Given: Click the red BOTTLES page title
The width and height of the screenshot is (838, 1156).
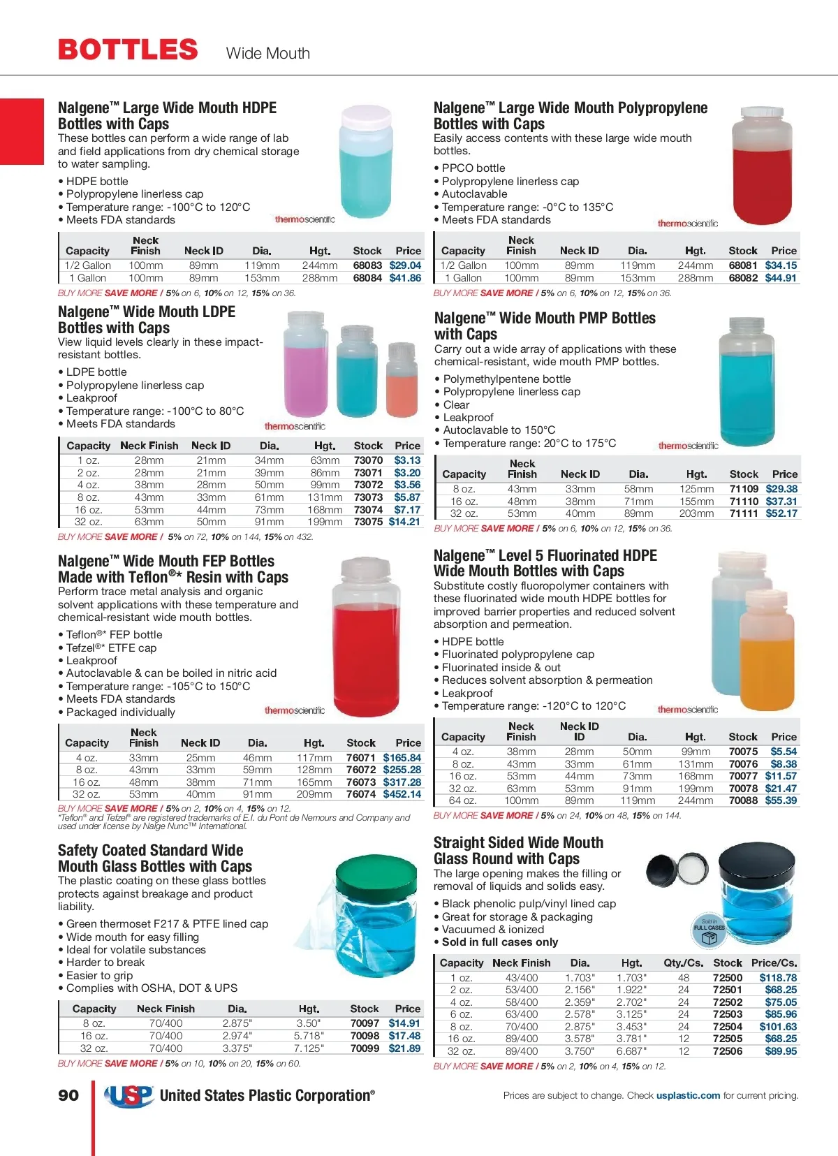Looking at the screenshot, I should click(128, 50).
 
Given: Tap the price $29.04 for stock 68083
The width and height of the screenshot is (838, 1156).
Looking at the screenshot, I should click(405, 265).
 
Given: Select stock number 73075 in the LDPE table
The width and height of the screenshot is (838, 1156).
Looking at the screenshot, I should click(368, 522).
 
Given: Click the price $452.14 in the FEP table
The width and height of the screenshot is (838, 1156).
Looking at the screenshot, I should click(402, 794).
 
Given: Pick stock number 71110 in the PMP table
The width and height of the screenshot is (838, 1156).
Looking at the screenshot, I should click(744, 502).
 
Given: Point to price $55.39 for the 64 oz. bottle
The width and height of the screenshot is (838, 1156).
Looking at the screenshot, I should click(781, 800).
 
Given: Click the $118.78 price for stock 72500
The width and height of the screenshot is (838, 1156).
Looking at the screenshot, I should click(778, 978).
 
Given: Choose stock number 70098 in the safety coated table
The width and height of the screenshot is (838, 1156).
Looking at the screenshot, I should click(365, 1036).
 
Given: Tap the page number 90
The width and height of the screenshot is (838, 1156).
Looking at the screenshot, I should click(68, 1095).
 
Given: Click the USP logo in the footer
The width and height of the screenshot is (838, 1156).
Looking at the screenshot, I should click(129, 1095).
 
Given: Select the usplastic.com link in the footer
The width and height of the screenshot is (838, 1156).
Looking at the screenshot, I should click(688, 1095).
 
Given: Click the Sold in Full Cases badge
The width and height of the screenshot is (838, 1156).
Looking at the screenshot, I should click(709, 931).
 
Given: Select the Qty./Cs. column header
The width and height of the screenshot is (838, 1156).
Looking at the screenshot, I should click(683, 963).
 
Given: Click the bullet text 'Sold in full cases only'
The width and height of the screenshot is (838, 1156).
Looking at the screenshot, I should click(500, 942).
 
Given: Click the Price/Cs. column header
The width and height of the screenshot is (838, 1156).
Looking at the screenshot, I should click(774, 963).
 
